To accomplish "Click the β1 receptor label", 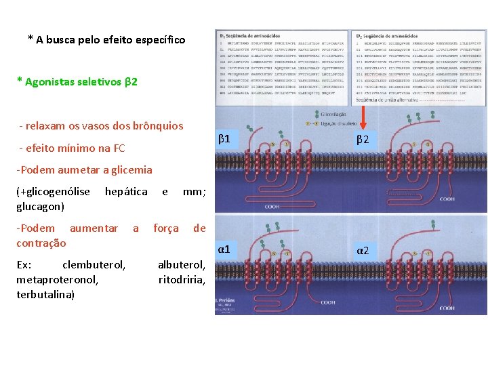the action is pyautogui.click(x=224, y=140).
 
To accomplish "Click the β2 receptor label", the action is pyautogui.click(x=363, y=140).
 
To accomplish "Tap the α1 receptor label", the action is pyautogui.click(x=224, y=249).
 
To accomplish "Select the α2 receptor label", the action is pyautogui.click(x=363, y=251).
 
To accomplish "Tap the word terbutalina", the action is pyautogui.click(x=45, y=294).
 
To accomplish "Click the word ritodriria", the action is pyautogui.click(x=181, y=279).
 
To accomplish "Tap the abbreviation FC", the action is pyautogui.click(x=119, y=148).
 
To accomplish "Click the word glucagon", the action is pyautogui.click(x=40, y=206).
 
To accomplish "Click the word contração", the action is pyautogui.click(x=41, y=243).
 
